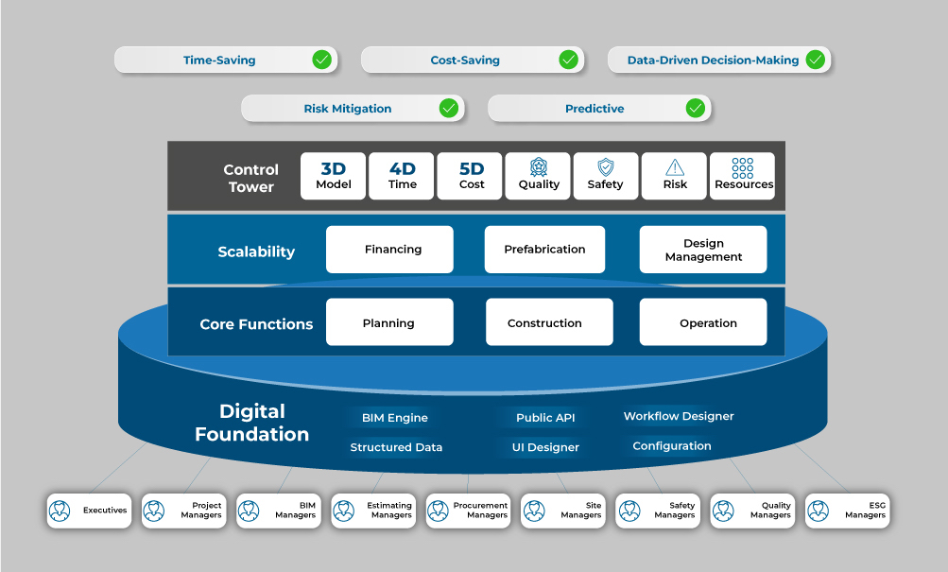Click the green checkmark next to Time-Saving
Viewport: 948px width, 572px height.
[322, 61]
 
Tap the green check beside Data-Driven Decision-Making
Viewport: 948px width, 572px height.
[815, 61]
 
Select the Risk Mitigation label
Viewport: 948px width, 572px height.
[347, 109]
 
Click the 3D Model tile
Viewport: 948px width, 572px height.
[333, 176]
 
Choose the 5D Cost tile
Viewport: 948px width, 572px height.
[471, 176]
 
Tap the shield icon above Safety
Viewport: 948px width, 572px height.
[606, 167]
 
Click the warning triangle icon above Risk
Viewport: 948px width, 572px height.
[675, 167]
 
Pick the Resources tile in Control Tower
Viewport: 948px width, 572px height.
[743, 176]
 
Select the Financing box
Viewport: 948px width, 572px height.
[389, 250]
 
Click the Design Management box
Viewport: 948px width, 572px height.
[703, 250]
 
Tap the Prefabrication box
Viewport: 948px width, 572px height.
[544, 250]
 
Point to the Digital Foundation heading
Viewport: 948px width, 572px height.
[252, 423]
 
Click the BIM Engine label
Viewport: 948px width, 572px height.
[394, 418]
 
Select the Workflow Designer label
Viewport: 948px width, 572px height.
[679, 416]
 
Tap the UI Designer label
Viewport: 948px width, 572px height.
[545, 447]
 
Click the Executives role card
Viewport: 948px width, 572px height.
[90, 511]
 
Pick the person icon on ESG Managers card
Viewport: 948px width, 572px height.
[819, 511]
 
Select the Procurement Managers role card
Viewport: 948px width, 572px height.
[469, 511]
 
